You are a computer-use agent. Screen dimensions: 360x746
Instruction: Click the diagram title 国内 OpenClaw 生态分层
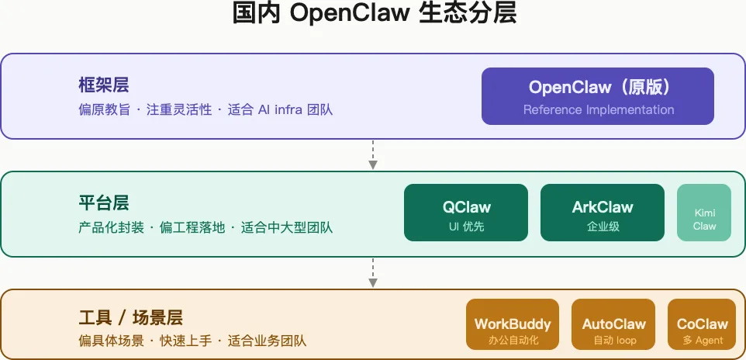coord(374,15)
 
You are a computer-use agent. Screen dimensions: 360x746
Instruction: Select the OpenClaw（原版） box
coord(597,95)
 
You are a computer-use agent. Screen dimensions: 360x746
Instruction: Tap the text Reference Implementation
coord(598,109)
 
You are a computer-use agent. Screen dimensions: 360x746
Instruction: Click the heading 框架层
coord(103,85)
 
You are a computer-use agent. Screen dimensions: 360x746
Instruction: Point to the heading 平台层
coord(103,203)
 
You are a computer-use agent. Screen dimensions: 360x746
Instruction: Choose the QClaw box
coord(466,213)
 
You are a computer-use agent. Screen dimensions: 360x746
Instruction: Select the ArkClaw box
coord(603,213)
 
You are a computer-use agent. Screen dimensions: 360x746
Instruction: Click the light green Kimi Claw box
coord(704,213)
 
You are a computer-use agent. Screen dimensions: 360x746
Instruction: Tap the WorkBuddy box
coord(513,324)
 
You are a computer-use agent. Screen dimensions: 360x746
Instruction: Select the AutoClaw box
coord(614,324)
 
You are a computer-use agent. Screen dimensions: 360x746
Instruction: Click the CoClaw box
coord(703,324)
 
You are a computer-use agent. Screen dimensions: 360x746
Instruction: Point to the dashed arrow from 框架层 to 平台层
coord(373,154)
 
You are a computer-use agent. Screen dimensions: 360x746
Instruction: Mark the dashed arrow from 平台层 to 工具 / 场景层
coord(373,272)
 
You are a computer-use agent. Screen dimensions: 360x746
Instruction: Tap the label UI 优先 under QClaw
coord(466,227)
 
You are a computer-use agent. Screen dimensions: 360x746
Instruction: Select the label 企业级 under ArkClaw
coord(603,227)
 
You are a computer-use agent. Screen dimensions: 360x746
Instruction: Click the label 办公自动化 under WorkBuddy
coord(513,340)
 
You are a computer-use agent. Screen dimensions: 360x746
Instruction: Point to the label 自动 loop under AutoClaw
coord(614,340)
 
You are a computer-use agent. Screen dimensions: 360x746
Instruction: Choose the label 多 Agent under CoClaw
coord(703,340)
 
